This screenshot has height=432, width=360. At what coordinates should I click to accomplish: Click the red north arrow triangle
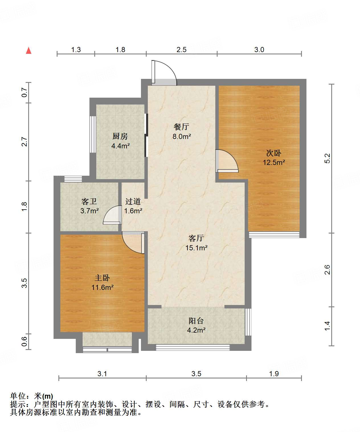tap(28, 51)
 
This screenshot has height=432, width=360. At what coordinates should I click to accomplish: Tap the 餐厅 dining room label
tap(181, 127)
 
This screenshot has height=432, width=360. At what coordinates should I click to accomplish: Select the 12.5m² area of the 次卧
tap(274, 162)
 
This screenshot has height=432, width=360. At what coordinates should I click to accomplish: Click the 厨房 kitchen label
tap(120, 136)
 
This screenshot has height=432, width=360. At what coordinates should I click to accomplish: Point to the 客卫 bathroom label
tap(89, 201)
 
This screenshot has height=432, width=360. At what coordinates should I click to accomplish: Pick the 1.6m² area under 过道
tap(133, 211)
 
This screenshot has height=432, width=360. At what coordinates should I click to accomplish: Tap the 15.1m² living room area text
tap(196, 248)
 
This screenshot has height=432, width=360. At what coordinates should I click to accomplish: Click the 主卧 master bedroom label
tap(102, 278)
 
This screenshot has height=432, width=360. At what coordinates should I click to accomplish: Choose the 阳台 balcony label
tap(196, 321)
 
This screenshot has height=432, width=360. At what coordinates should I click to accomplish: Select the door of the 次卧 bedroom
tap(227, 161)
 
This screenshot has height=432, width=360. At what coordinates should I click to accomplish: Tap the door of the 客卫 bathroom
tap(112, 215)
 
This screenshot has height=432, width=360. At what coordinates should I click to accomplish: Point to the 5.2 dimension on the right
tap(327, 158)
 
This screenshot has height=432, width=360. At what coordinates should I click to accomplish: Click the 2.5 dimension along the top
tap(181, 50)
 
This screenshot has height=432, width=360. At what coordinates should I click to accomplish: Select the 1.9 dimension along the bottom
tap(274, 374)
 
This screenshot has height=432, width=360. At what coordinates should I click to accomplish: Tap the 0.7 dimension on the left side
tap(24, 93)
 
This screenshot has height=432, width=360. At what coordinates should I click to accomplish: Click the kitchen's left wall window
tap(93, 134)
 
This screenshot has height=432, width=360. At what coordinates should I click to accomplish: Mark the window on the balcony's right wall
tap(248, 322)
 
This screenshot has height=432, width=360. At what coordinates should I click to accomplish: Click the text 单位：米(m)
tap(31, 396)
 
